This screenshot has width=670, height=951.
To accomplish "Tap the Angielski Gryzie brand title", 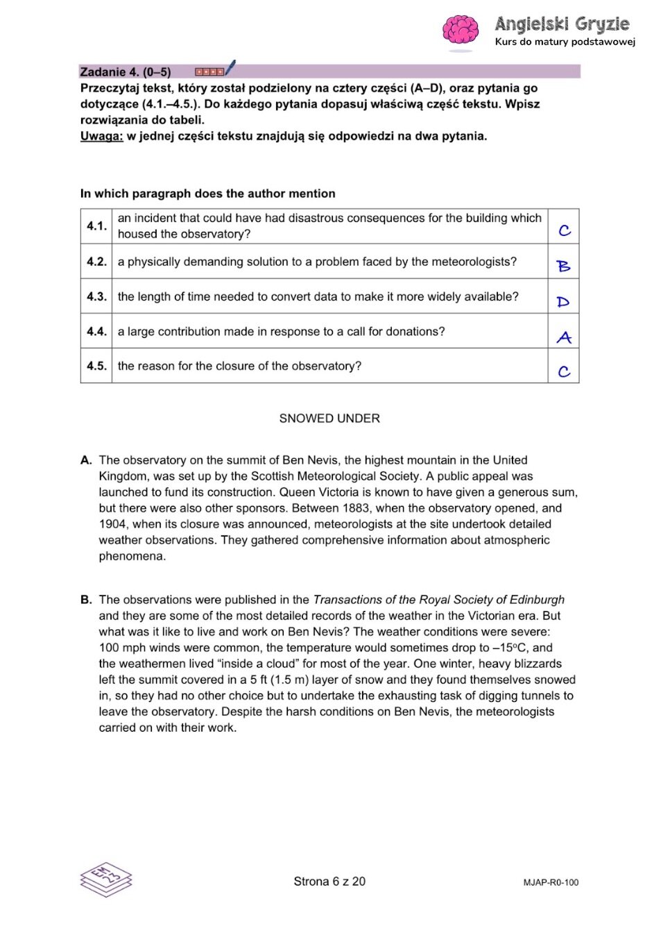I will click(562, 24).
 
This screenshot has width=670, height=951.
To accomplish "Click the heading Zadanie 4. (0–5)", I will click(126, 71).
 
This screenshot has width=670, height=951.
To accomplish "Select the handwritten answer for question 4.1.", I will click(565, 230).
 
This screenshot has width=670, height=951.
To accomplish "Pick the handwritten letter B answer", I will click(564, 266).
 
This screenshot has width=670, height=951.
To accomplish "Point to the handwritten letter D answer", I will click(563, 301).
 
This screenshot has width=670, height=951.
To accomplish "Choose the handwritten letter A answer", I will click(565, 337).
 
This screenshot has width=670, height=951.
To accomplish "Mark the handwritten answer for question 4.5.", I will click(565, 371).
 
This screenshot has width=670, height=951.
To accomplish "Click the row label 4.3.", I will click(96, 296).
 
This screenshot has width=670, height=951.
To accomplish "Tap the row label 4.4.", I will click(96, 331).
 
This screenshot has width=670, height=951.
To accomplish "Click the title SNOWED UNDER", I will click(329, 419).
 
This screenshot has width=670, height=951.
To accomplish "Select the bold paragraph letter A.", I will click(86, 460).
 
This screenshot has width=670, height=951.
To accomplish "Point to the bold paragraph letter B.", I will click(86, 600).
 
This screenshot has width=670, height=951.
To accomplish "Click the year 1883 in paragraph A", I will click(355, 508).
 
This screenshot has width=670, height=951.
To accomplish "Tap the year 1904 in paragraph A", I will click(112, 524).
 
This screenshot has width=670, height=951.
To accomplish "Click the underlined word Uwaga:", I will click(101, 136).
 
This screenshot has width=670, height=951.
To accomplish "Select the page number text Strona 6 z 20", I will click(329, 882).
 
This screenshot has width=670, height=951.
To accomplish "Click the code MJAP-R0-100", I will click(551, 883).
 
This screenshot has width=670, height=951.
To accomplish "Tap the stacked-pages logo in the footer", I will click(106, 880).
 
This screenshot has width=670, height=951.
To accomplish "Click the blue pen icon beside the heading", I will click(230, 68).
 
